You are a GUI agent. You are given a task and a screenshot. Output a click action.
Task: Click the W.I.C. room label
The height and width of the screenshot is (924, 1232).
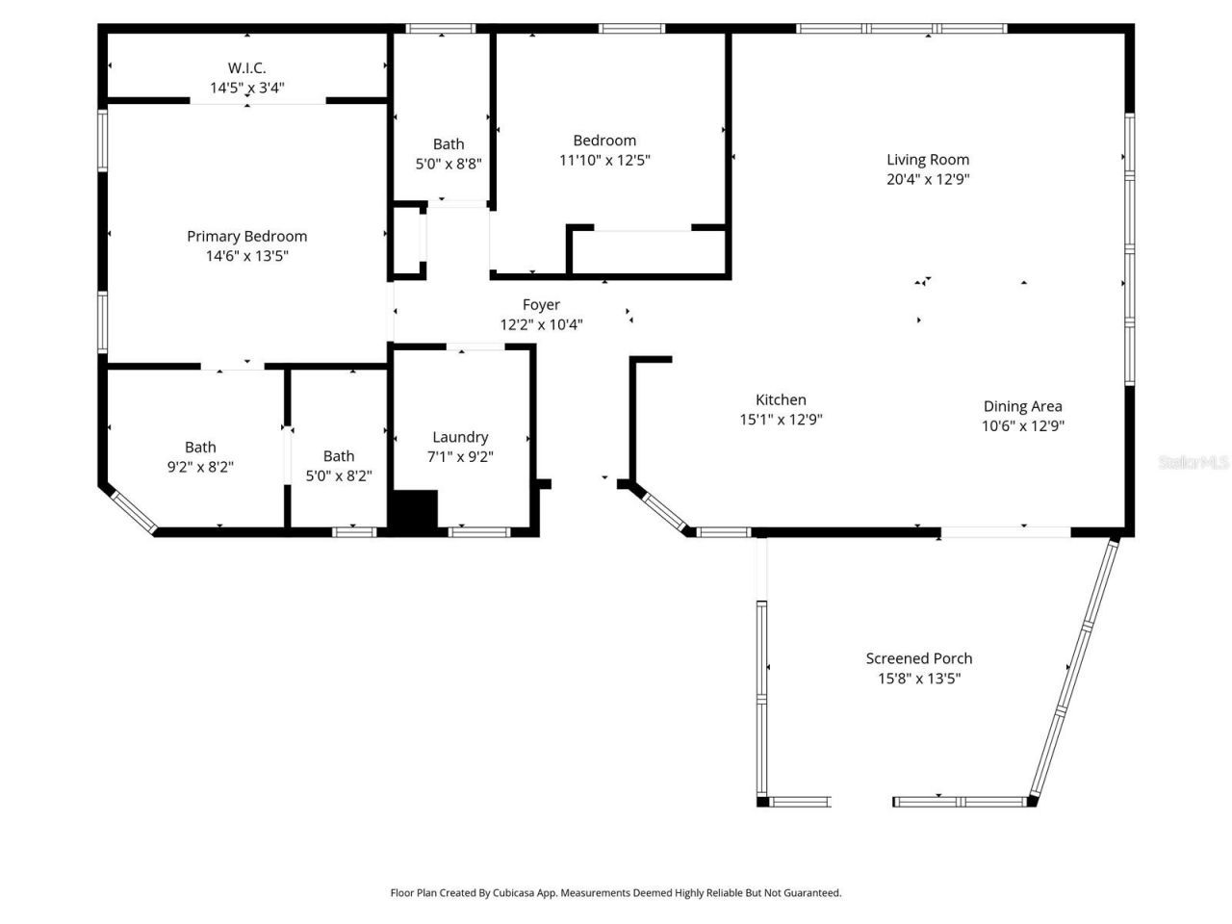coord(247,67)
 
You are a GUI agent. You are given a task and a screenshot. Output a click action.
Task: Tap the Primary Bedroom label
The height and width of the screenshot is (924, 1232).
coord(247,236)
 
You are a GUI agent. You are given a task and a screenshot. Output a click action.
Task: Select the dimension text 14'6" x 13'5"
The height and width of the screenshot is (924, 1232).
coord(247,256)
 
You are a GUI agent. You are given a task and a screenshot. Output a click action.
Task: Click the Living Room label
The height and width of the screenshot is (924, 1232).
coord(928,160)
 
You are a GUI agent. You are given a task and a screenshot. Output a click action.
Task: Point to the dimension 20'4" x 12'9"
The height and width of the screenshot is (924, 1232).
coord(928,179)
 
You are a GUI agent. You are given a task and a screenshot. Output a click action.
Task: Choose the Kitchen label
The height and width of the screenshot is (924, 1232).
coord(781,399)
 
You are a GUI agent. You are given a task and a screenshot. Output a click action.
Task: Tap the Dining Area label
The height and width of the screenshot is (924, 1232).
coord(1022,406)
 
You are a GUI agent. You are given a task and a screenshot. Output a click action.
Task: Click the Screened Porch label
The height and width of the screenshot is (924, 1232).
coord(919,658)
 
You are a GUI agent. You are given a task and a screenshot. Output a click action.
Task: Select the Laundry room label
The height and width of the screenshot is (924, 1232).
coord(460,437)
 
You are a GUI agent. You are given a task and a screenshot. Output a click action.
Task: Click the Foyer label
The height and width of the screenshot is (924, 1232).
coord(541,305)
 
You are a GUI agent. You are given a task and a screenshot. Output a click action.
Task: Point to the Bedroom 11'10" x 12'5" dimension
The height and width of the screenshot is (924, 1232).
coord(604,160)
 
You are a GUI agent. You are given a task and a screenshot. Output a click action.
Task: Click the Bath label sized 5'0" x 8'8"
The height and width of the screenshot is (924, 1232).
coord(449,144)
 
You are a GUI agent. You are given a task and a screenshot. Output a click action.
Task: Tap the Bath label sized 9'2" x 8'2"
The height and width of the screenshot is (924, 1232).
coord(200,447)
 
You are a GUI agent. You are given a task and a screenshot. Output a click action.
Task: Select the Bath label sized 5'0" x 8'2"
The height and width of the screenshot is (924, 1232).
coord(339,456)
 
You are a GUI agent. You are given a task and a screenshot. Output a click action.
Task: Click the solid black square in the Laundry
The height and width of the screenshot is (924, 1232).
coord(414,509)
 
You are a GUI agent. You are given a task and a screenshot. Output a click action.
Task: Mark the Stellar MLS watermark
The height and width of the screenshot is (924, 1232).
coord(1193,463)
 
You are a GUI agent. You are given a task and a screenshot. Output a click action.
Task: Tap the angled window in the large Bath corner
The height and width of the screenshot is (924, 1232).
coord(132,510)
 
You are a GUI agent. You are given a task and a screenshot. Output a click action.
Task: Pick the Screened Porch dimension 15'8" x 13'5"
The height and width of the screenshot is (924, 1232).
coord(919,679)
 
